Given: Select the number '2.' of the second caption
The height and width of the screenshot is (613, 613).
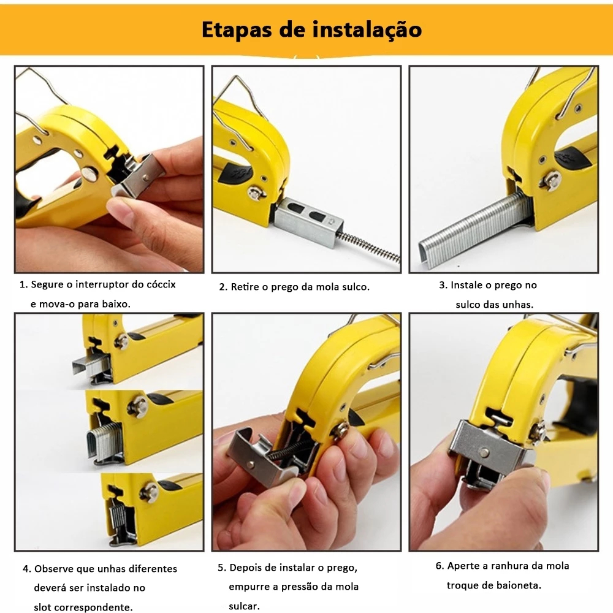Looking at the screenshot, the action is [x=223, y=287].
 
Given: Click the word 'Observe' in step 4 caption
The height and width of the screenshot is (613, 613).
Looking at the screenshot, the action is [x=53, y=569].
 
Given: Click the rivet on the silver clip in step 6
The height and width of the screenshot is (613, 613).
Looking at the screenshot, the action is [x=484, y=452].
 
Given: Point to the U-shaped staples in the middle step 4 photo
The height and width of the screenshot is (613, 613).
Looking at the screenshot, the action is [x=105, y=442].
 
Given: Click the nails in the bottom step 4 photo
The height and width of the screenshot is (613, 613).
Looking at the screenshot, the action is [x=118, y=518].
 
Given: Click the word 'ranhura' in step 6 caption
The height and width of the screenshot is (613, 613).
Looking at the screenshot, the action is [x=508, y=566].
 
